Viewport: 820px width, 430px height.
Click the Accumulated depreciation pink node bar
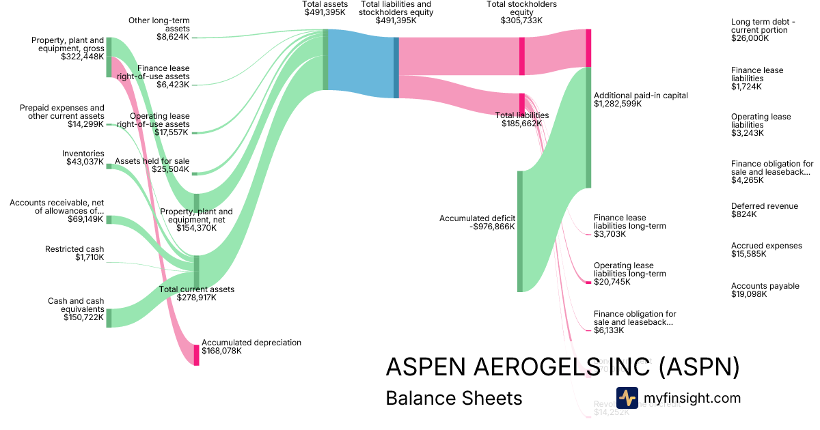tap(197, 355)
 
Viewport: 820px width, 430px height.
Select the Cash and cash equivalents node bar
tap(108, 318)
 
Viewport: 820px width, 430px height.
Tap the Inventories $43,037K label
tap(83, 158)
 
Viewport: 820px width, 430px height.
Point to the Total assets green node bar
tap(325, 59)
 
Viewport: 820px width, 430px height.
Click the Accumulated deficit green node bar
tap(520, 231)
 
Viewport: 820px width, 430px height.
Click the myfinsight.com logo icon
tap(627, 398)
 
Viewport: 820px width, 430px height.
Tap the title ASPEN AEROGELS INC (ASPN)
tap(562, 367)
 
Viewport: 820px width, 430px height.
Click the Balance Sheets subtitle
tap(454, 398)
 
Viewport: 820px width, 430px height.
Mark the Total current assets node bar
tap(197, 272)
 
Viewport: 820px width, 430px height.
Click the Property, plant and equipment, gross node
tap(108, 57)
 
